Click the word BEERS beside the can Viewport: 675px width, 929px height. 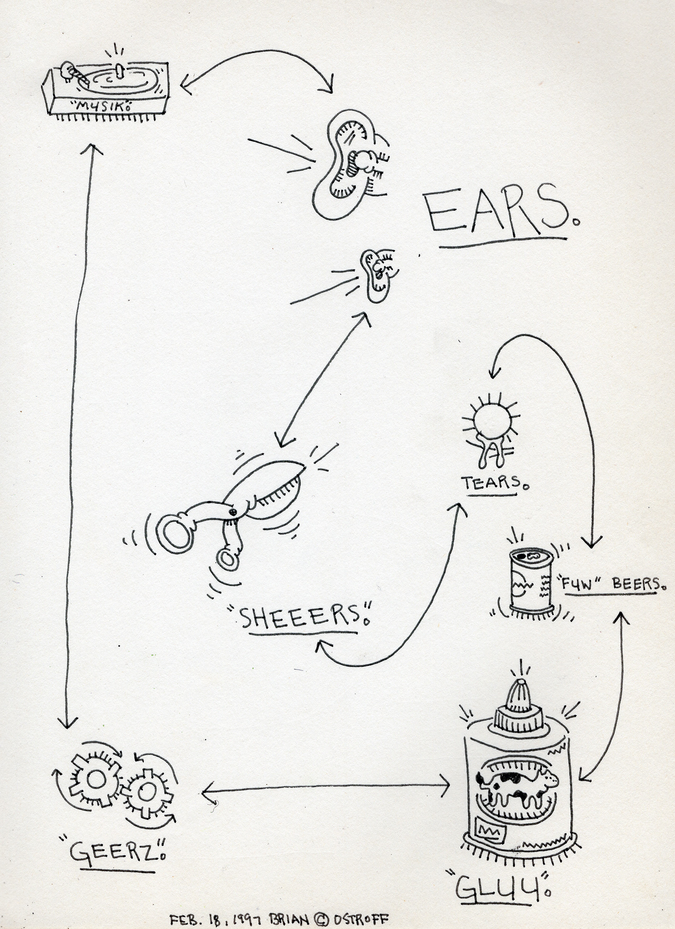pos(635,583)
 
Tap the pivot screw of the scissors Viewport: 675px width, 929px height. pos(233,512)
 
